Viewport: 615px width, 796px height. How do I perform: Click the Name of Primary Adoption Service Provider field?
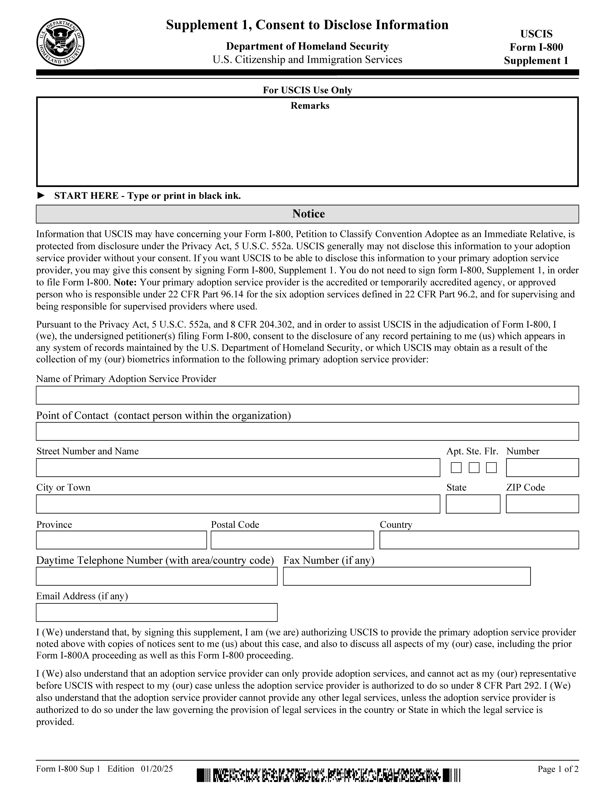coord(307,395)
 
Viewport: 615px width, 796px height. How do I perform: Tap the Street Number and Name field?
coord(238,468)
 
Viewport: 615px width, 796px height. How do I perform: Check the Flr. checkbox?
coord(491,468)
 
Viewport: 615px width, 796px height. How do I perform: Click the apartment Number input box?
coord(542,468)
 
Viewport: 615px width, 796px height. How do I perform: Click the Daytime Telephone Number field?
coord(157,576)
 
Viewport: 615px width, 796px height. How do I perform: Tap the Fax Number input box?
coord(407,576)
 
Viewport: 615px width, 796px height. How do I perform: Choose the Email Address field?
coord(157,612)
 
